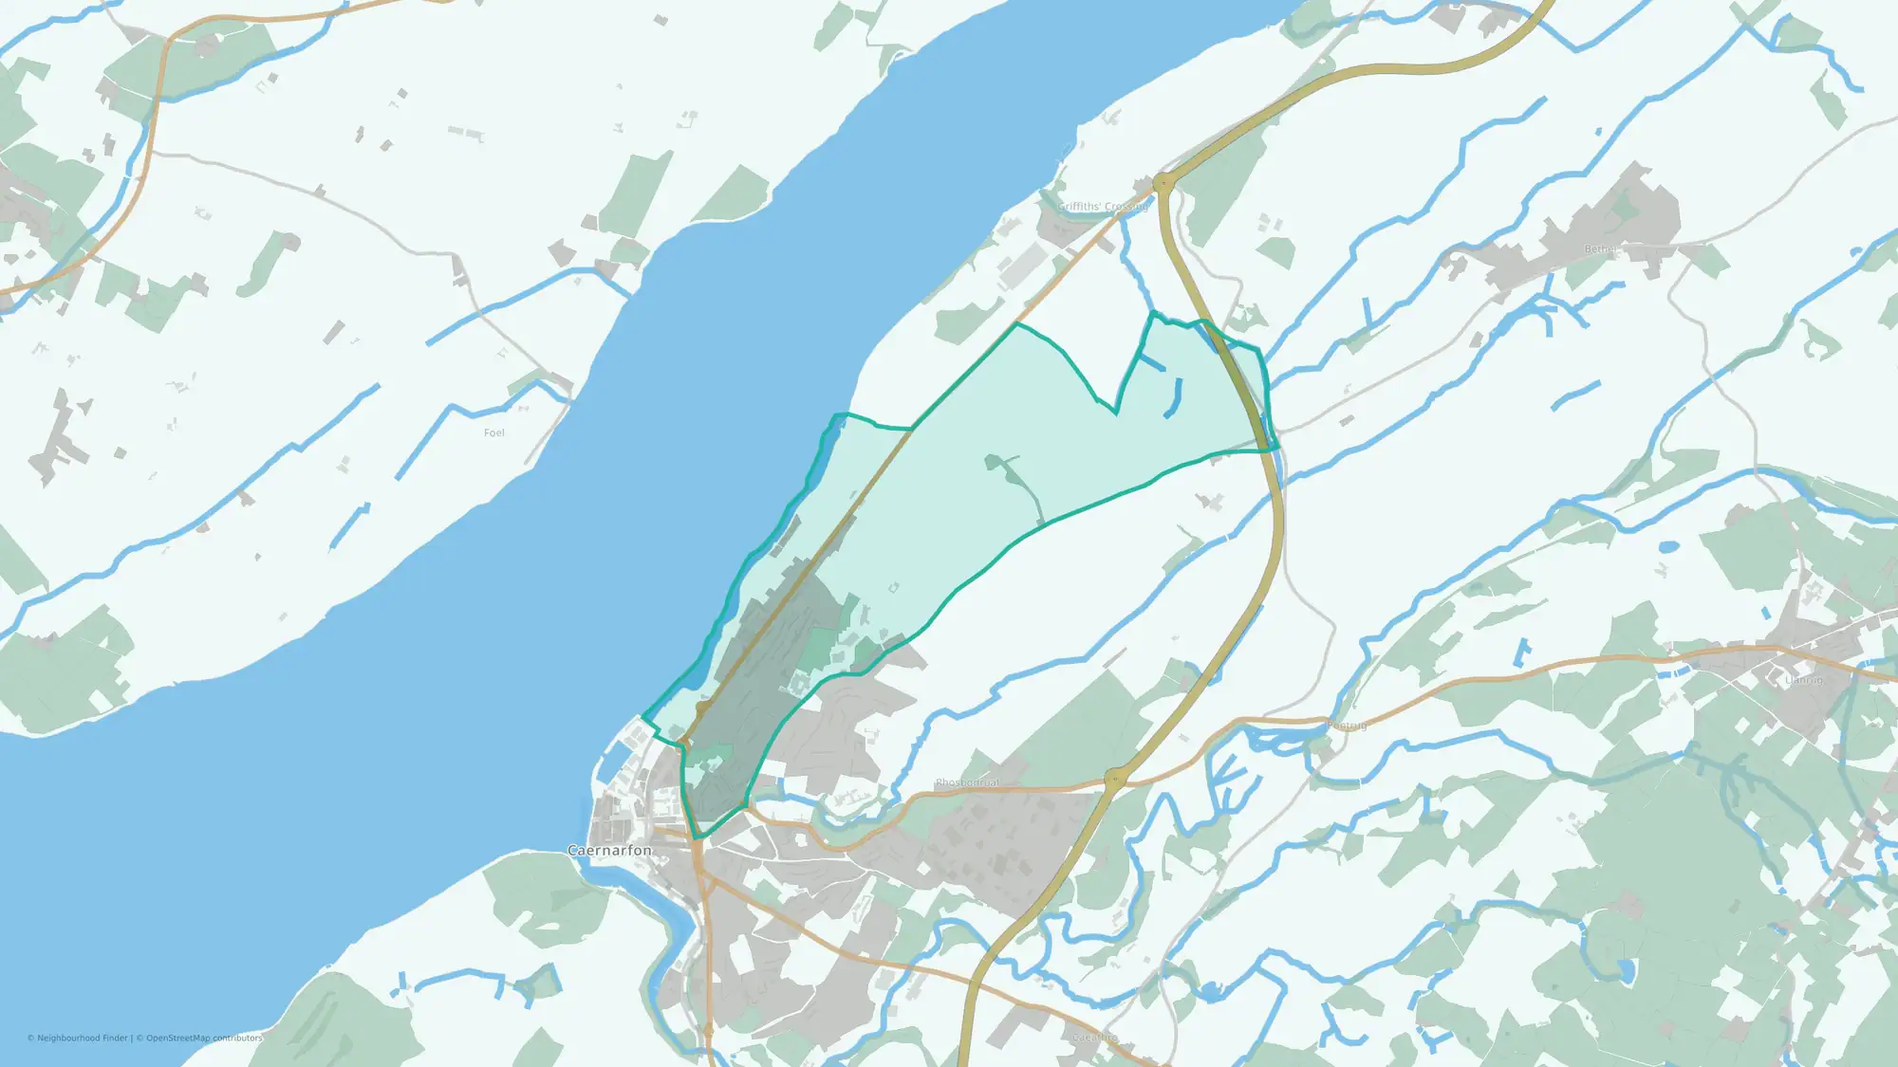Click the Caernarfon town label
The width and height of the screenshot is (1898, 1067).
[609, 851]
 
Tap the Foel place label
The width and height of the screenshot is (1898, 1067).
[493, 433]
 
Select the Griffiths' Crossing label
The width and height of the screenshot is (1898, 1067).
[1102, 207]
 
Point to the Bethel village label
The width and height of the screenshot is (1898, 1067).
[1600, 249]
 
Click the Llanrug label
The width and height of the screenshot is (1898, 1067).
[1803, 680]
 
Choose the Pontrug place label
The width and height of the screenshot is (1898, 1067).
[1347, 726]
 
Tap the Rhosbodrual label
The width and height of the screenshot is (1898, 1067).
[966, 783]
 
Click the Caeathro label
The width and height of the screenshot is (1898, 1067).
[1093, 1038]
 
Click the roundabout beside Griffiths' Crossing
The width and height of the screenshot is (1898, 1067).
[1163, 182]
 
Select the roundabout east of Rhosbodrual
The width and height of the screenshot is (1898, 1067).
[1115, 779]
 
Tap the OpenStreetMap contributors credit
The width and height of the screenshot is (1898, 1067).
[203, 1039]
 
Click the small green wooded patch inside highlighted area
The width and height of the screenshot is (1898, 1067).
[996, 464]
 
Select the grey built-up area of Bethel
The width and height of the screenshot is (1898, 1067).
[1604, 228]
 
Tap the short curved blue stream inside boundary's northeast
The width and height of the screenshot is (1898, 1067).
[1174, 399]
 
